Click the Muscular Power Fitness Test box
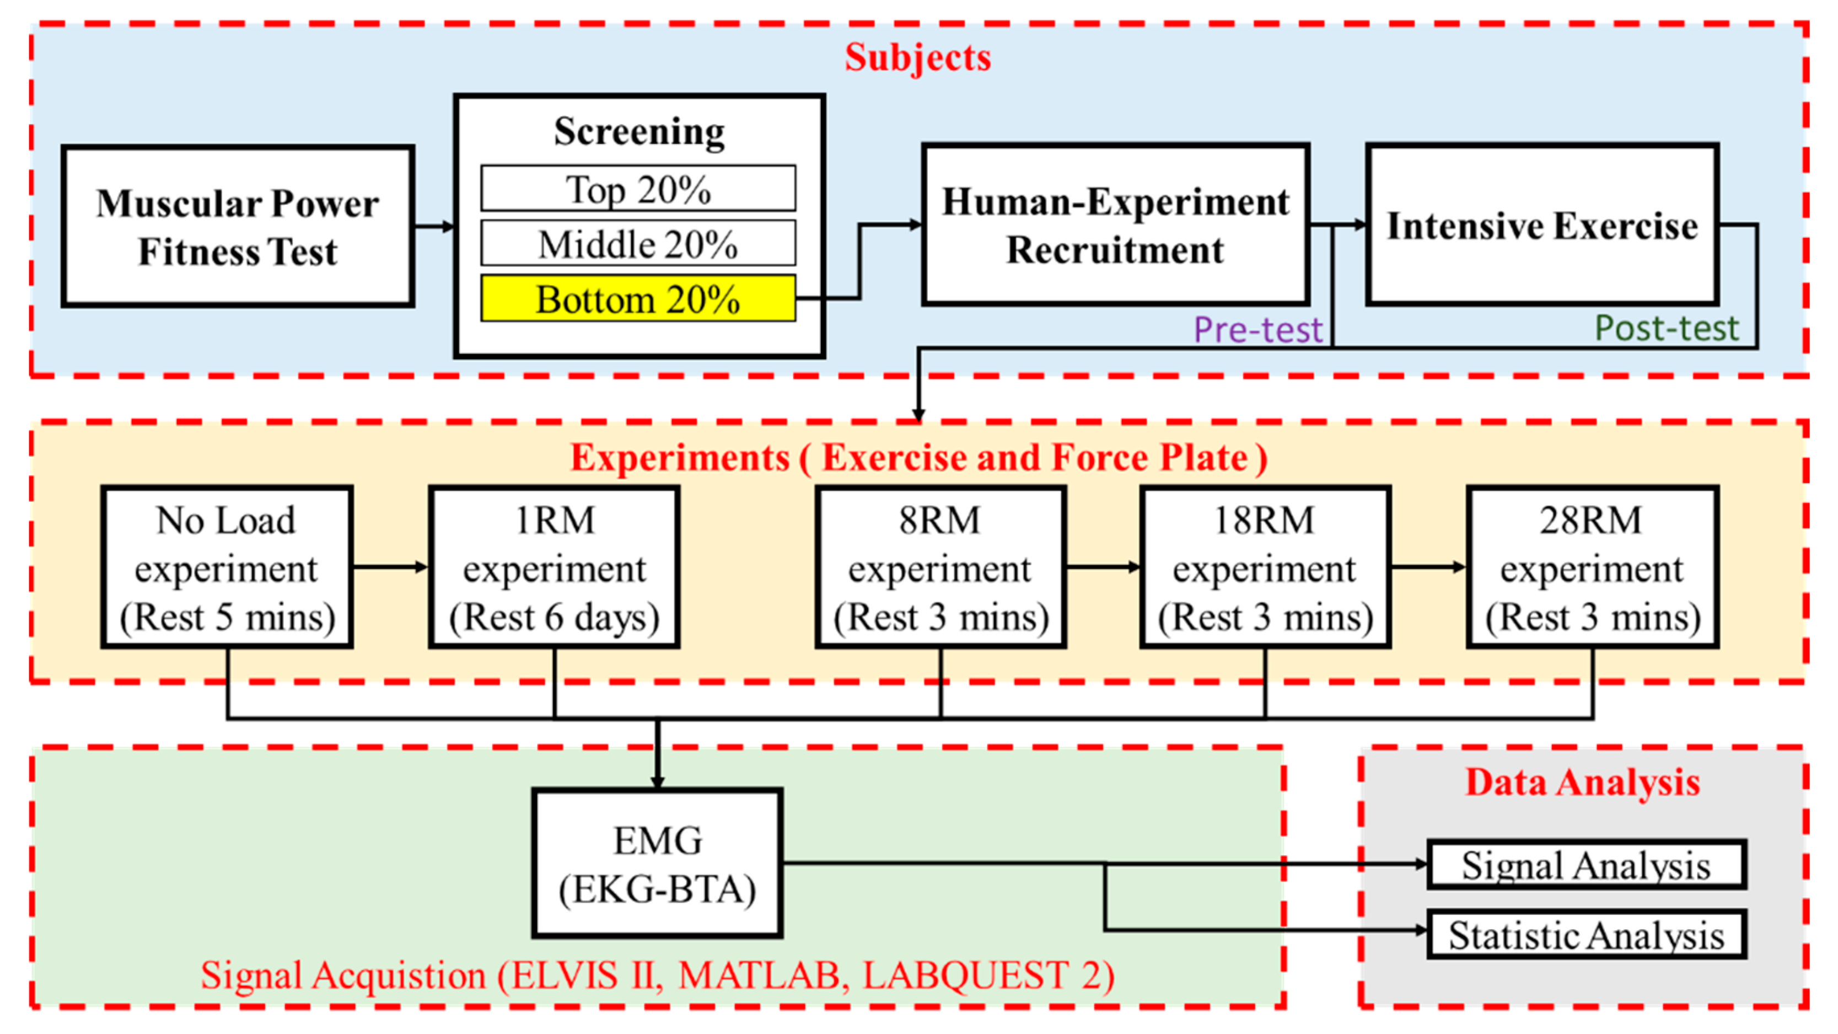tap(238, 227)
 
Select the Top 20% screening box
tap(638, 189)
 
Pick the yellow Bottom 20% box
tap(638, 299)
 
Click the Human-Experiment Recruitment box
tap(1115, 226)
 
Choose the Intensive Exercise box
tap(1542, 226)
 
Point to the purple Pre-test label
tap(1258, 330)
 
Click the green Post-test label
tap(1667, 328)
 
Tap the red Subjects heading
tap(917, 57)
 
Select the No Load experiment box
tap(227, 568)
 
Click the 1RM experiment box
tap(555, 568)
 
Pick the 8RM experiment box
tap(941, 568)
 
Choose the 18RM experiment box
tap(1265, 568)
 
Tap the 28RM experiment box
tap(1592, 568)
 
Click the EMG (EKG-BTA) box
tap(657, 864)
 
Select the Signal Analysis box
tap(1586, 865)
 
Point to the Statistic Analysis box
tap(1586, 935)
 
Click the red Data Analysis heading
tap(1583, 782)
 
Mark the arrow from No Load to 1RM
tap(390, 567)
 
